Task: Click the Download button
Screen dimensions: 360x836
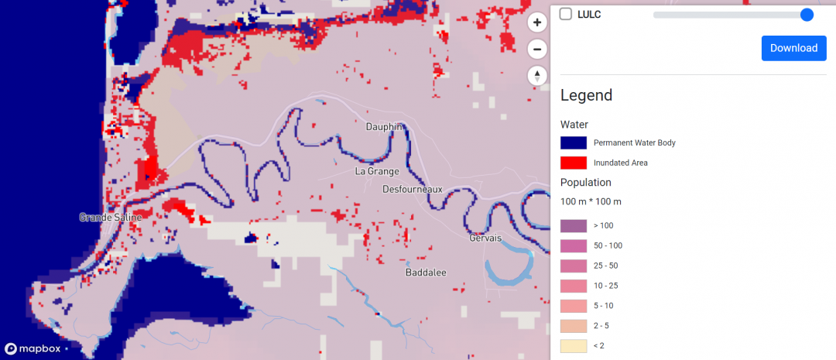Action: [793, 48]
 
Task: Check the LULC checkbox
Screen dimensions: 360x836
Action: [566, 14]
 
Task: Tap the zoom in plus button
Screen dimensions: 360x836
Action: [537, 23]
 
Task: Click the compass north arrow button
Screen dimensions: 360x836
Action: [537, 76]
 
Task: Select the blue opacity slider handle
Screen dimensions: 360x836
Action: [807, 15]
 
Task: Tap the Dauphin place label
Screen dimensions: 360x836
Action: [385, 127]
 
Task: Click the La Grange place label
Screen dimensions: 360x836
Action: [377, 171]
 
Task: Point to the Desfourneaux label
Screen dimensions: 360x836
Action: [413, 189]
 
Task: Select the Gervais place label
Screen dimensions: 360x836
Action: [485, 238]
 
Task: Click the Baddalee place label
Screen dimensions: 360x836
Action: [425, 273]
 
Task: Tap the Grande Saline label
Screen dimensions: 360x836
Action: [111, 218]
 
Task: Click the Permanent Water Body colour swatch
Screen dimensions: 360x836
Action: [574, 142]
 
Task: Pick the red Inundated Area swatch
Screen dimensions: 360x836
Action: [574, 163]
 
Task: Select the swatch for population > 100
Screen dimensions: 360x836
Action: [574, 225]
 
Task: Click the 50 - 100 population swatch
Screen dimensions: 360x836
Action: [574, 245]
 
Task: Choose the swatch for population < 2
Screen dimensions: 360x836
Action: [574, 345]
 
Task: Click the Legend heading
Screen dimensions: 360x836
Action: [586, 95]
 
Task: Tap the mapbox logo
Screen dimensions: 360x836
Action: [33, 348]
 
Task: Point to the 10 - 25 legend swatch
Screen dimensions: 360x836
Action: [574, 286]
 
